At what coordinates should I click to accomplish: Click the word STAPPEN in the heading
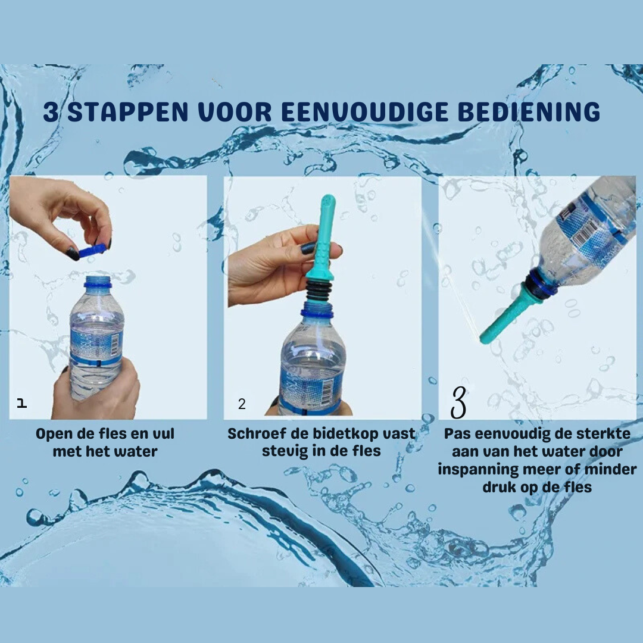pos(127,111)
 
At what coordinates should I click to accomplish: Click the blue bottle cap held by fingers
pos(93,250)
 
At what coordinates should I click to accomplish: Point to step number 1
pos(22,403)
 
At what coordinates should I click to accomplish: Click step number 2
pos(242,404)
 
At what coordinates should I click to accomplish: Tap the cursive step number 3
pos(458,402)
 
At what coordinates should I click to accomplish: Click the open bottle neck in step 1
pos(98,282)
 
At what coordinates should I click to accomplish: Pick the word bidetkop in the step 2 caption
pos(339,434)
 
